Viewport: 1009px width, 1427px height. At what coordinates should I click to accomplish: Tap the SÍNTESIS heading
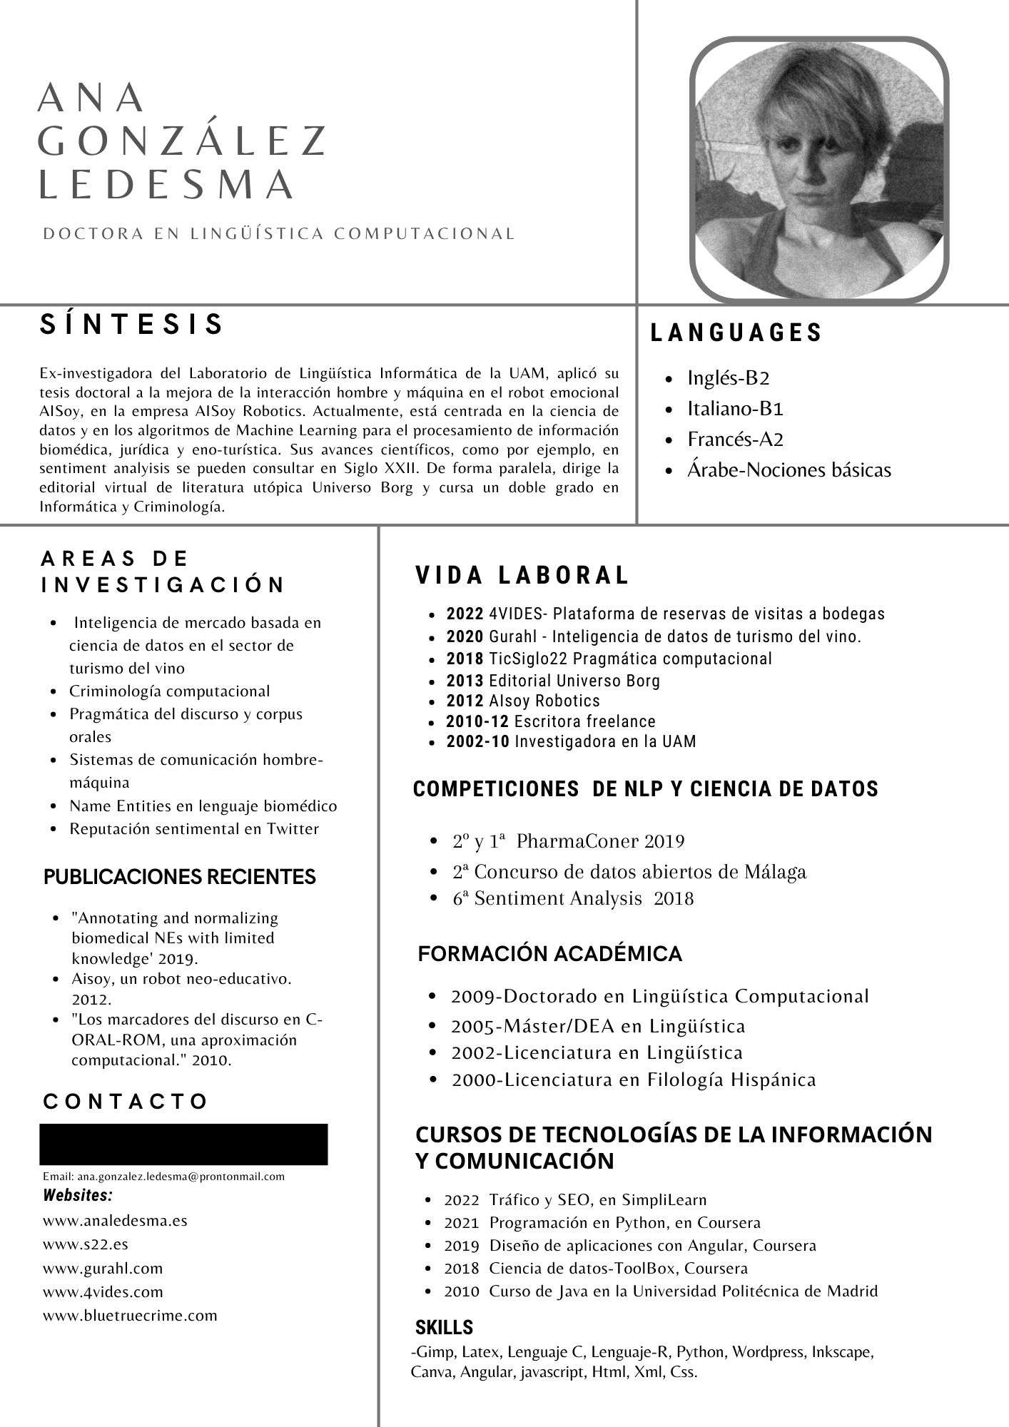coord(132,325)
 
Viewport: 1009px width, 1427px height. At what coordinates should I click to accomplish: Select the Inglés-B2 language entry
coord(728,377)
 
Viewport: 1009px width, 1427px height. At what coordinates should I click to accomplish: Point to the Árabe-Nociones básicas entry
coord(789,470)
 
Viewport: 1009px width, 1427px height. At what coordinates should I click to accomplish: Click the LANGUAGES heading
coord(736,332)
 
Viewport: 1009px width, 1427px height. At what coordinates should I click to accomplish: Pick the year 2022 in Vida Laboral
coord(465,614)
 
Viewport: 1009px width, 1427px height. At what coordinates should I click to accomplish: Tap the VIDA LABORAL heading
coord(522,575)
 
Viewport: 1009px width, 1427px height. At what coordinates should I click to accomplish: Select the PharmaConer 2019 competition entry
coord(599,842)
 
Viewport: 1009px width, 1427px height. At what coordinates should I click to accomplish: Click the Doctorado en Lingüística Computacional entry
coord(659,996)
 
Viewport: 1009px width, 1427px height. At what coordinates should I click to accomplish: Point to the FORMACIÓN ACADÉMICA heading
coord(549,954)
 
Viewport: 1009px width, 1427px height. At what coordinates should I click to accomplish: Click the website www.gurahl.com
coord(103,1268)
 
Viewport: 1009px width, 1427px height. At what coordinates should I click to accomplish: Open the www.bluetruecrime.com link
coord(130,1315)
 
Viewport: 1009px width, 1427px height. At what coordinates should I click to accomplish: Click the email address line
coord(163,1176)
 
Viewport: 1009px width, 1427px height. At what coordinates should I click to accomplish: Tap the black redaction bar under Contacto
coord(183,1144)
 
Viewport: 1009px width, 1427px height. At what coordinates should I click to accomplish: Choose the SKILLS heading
coord(444,1327)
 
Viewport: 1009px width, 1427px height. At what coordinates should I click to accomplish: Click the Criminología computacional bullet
coord(169,691)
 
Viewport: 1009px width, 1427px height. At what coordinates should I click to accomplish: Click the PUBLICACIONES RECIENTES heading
coord(180,877)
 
